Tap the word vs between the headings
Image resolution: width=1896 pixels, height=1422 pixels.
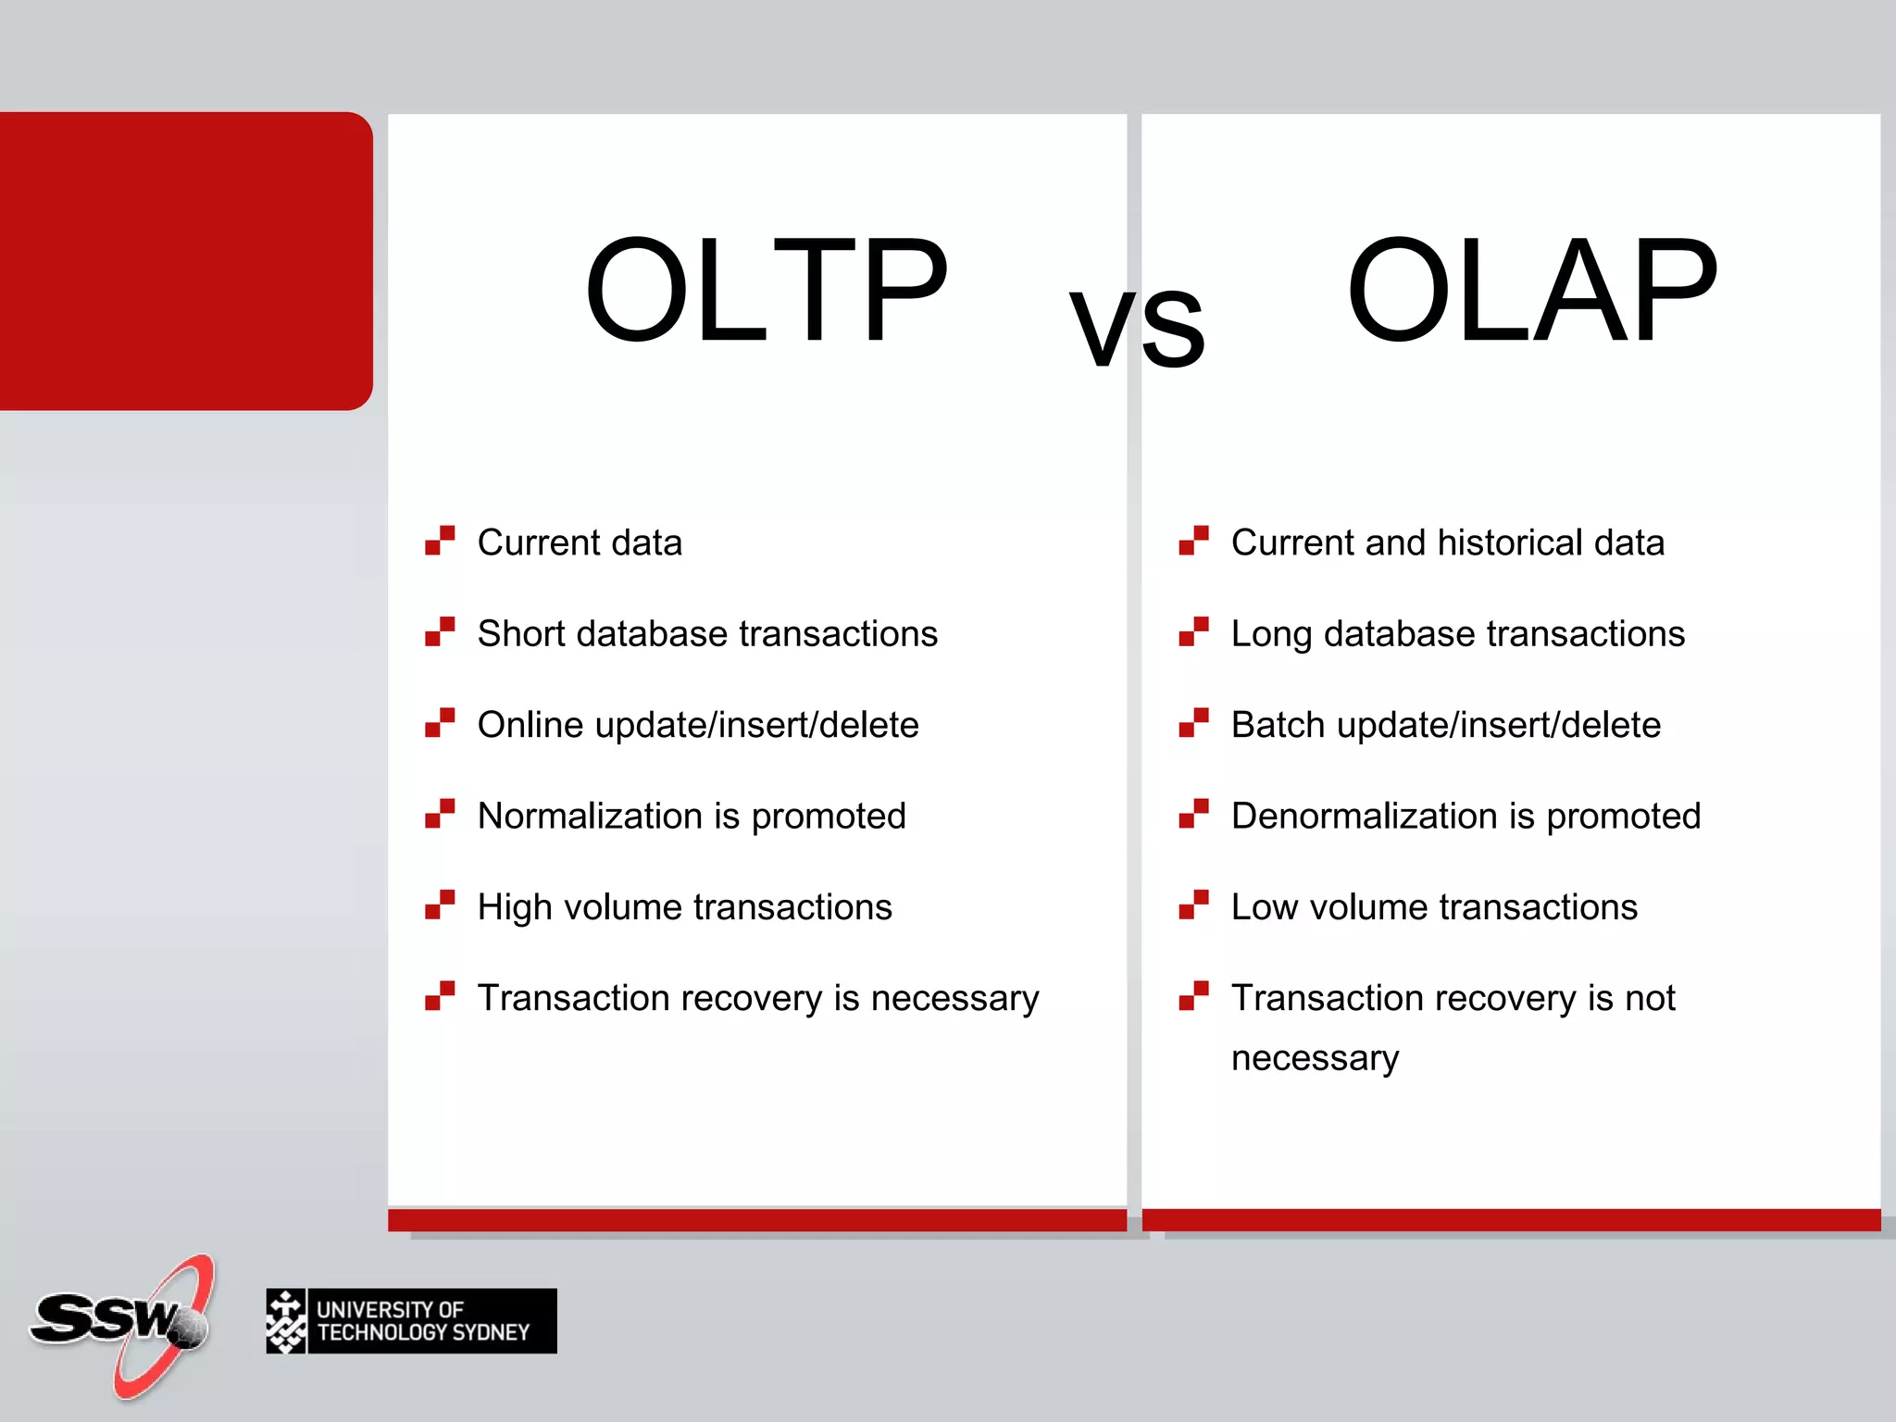[x=1137, y=326]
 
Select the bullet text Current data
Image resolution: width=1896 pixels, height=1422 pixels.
[x=580, y=543]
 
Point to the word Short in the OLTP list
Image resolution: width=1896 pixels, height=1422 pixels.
[x=519, y=634]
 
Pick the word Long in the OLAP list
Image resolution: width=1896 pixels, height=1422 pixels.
[x=1271, y=634]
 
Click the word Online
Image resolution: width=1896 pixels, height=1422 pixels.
[x=530, y=725]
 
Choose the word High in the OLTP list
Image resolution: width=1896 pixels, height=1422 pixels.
[x=514, y=907]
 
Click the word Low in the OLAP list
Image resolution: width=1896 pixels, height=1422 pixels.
[x=1264, y=907]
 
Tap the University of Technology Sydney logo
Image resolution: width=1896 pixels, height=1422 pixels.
[x=411, y=1321]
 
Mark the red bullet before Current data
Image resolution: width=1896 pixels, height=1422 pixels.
[x=440, y=540]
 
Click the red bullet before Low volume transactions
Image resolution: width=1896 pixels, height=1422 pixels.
[x=1193, y=904]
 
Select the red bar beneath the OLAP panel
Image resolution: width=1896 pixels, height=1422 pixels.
[x=1511, y=1219]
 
